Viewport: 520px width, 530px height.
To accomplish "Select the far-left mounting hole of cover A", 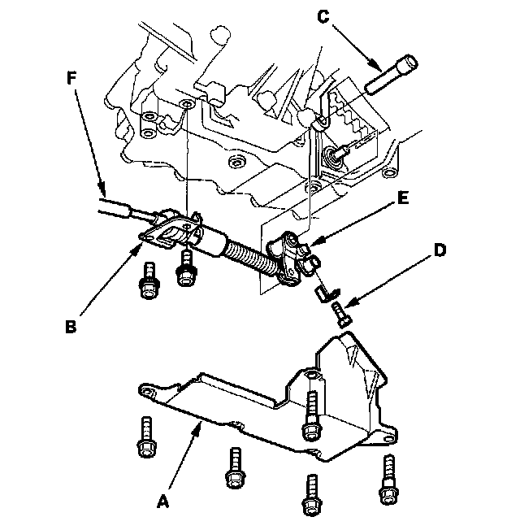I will (146, 393).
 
